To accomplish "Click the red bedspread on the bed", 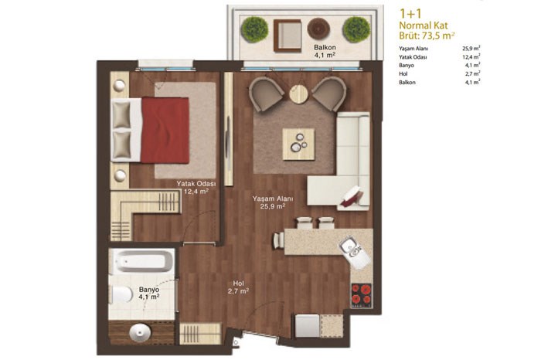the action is [x=165, y=130].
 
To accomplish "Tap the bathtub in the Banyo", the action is [x=141, y=260].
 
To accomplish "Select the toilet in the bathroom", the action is [x=121, y=294].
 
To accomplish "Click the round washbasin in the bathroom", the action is [x=140, y=333].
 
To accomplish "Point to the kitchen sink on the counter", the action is [x=350, y=246].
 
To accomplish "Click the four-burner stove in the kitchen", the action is [x=362, y=295].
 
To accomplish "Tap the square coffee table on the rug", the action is [x=298, y=144].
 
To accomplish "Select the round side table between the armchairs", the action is [x=299, y=93].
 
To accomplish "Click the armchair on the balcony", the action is [x=288, y=36].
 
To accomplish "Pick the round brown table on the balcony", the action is [x=318, y=29].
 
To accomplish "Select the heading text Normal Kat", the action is [x=424, y=25].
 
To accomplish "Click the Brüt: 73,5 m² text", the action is [x=427, y=36].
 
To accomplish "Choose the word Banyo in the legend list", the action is [x=407, y=65].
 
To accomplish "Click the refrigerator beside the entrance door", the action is [x=308, y=325].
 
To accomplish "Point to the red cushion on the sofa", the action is [x=351, y=196].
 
